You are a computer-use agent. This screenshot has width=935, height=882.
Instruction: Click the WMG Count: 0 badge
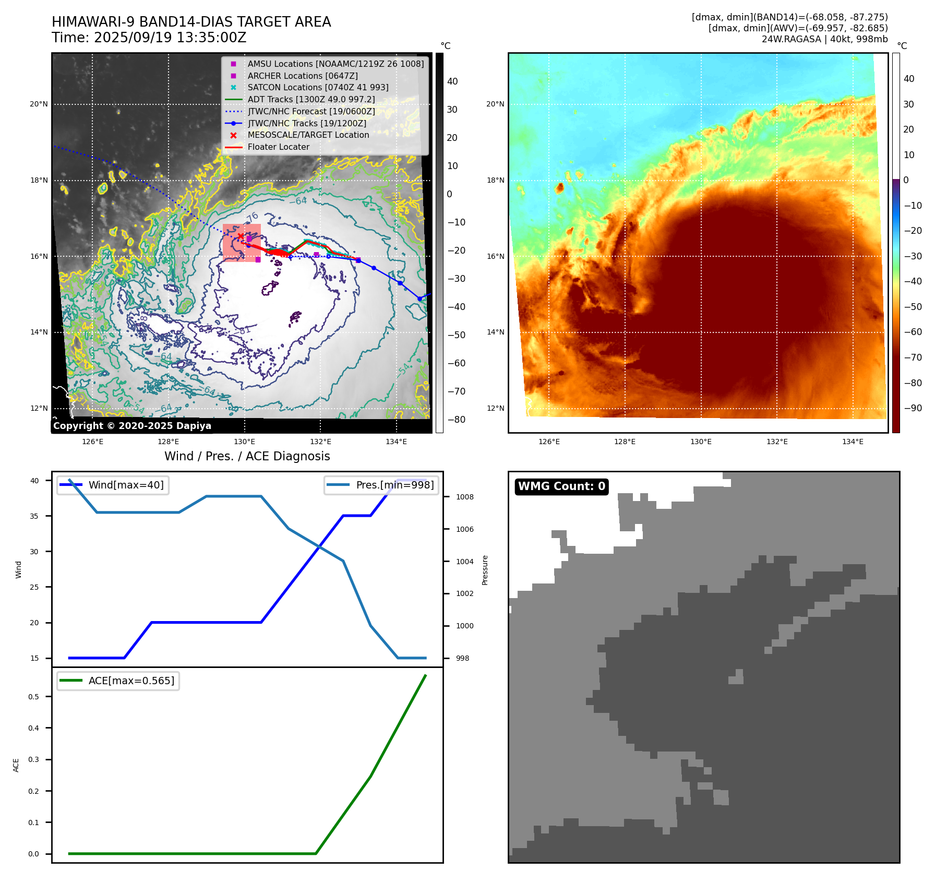point(561,486)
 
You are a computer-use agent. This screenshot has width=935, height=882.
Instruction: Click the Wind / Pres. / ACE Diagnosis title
point(247,456)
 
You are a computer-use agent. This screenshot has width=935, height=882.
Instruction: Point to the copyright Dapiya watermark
point(132,426)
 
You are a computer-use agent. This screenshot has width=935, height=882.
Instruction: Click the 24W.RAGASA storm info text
point(824,39)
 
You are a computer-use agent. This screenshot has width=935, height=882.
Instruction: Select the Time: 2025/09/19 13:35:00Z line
point(149,38)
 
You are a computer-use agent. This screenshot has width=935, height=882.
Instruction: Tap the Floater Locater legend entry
point(278,147)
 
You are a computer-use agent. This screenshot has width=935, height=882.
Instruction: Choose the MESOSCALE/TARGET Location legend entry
point(308,135)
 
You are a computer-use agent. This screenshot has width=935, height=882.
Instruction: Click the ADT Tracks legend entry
point(311,99)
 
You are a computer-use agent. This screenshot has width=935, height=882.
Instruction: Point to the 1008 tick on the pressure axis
point(464,497)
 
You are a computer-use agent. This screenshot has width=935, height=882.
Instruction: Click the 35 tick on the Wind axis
point(34,516)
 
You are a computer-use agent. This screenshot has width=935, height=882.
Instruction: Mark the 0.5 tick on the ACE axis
point(33,697)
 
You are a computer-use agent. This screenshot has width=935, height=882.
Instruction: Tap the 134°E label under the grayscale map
point(396,442)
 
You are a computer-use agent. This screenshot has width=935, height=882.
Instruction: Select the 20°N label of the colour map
point(495,104)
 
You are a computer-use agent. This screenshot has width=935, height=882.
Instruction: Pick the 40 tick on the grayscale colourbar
point(452,81)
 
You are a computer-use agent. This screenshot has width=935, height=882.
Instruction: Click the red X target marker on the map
point(241,236)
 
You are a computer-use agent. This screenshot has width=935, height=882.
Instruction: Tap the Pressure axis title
point(485,570)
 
